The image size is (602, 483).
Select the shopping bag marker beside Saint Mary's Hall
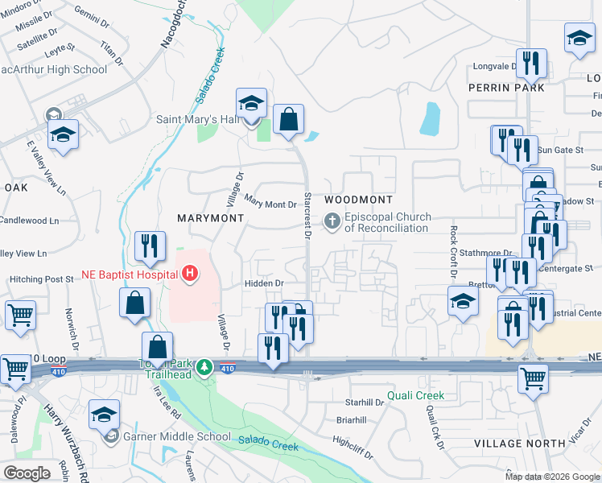tap(287, 120)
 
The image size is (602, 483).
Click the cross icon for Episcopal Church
tap(332, 221)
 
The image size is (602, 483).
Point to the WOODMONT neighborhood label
tap(358, 200)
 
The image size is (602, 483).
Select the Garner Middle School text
tap(178, 437)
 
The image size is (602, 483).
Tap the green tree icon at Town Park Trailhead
tap(205, 367)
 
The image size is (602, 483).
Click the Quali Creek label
tap(415, 395)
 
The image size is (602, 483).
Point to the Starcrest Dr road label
tap(307, 214)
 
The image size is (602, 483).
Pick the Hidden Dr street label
tap(264, 283)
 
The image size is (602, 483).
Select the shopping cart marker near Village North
tap(533, 378)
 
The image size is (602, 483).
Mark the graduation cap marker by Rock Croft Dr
tap(463, 303)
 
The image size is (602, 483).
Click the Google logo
tap(27, 473)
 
